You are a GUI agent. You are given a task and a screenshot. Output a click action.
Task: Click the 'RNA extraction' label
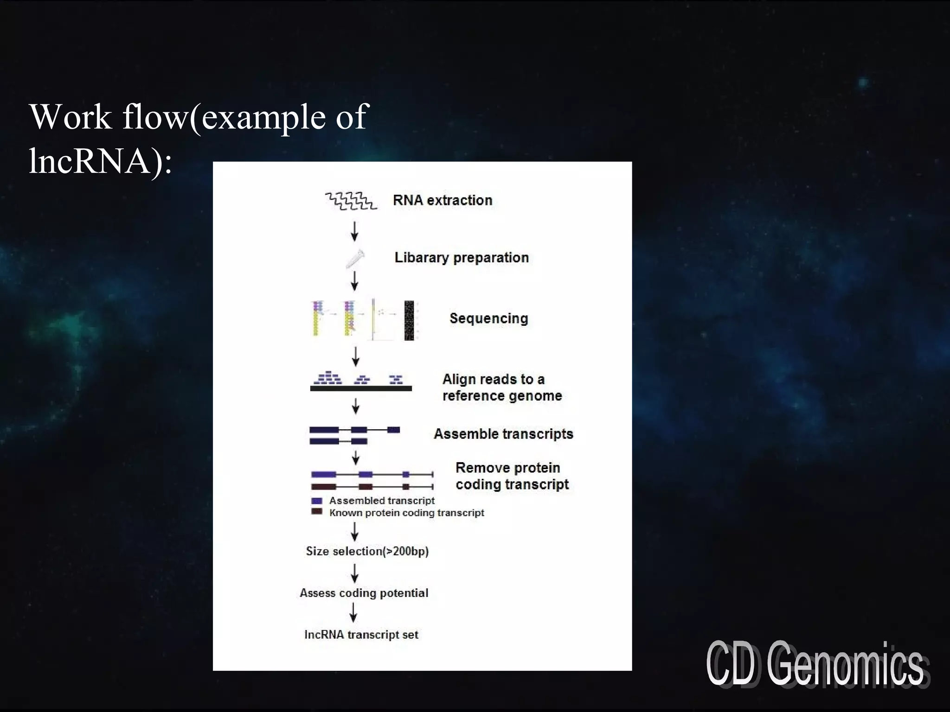442,200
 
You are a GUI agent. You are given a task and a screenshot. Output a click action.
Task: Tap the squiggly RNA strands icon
351,201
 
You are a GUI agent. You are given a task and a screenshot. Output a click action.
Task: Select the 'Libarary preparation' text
461,258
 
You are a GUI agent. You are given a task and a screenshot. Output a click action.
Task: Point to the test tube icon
355,259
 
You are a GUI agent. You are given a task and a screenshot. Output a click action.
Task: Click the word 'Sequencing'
488,318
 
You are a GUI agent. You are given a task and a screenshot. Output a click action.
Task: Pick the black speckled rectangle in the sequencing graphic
409,320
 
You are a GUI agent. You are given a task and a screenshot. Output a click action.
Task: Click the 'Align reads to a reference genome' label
501,388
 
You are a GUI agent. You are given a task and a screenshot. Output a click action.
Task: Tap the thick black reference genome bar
360,388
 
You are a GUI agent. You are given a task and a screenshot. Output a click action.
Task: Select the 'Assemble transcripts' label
503,434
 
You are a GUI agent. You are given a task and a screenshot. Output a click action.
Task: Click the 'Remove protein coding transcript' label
512,476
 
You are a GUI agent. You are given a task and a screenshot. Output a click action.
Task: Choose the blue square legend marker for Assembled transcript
317,501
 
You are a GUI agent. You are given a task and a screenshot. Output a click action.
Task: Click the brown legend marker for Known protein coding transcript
317,512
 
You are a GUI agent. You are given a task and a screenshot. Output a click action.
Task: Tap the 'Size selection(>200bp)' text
367,551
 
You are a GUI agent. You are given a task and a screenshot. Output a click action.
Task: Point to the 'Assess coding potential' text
364,593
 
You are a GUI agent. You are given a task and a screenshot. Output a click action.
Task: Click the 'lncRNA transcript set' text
361,635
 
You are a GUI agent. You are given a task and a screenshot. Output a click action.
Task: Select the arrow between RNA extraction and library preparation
355,231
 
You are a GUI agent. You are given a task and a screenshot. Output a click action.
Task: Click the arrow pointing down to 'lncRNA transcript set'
353,612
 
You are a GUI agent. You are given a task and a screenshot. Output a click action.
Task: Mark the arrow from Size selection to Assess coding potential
355,573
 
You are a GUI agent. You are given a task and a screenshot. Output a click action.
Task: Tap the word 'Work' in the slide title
71,117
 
